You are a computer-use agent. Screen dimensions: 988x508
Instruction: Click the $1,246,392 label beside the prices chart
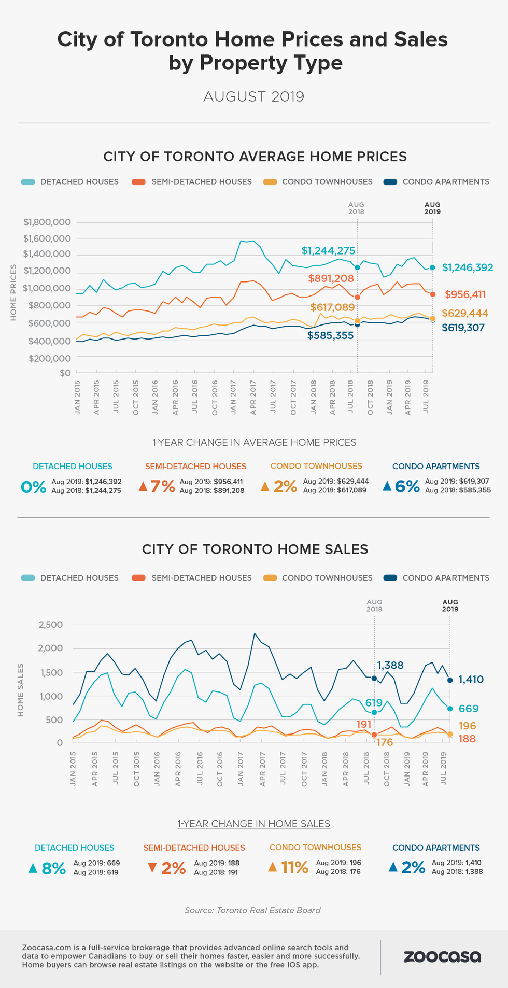(467, 267)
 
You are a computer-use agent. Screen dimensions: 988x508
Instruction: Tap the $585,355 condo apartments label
(330, 335)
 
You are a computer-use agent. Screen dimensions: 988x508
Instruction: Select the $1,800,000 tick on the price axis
(47, 222)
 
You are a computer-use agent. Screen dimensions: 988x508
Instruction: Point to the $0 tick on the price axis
(65, 373)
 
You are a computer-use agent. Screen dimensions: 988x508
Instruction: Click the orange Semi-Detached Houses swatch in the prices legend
(139, 182)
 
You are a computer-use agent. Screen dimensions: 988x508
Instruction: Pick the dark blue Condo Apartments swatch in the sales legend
(390, 578)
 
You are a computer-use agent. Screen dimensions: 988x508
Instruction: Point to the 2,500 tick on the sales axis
(50, 625)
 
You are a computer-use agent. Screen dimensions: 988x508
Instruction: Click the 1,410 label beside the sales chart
(471, 679)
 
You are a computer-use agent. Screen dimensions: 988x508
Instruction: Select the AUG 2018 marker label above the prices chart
(356, 208)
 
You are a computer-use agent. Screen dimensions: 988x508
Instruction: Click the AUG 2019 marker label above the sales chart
(450, 605)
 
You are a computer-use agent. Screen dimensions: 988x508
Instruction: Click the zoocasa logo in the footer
(442, 956)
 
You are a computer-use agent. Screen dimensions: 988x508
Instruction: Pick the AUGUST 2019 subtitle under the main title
(253, 97)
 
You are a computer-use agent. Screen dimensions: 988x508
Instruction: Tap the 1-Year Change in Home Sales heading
(253, 824)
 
